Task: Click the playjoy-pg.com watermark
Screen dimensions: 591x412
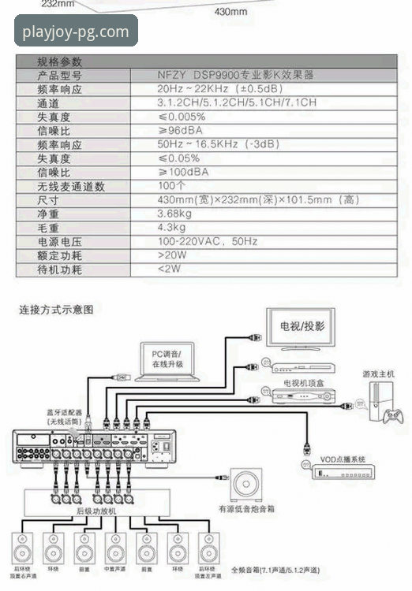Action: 76,32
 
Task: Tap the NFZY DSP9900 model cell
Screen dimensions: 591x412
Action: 234,76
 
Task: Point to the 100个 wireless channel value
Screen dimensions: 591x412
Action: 171,186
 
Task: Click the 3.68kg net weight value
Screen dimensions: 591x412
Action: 174,214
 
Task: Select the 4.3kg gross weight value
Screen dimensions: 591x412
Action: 171,228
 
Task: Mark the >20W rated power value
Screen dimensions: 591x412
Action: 171,255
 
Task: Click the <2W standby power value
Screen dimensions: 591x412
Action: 169,269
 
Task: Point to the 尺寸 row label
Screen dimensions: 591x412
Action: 47,200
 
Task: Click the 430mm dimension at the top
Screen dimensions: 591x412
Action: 230,12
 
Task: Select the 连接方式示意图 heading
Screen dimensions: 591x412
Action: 56,310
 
